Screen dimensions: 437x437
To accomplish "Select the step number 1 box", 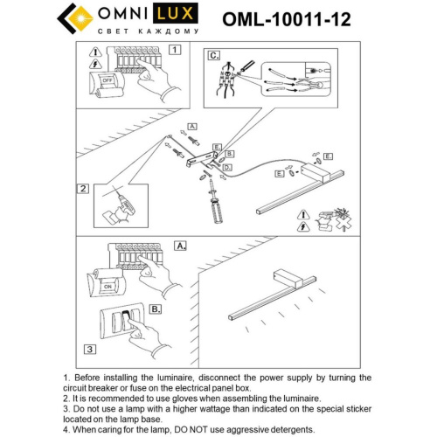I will coord(175,50).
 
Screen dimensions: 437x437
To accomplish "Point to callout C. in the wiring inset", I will coord(214,55).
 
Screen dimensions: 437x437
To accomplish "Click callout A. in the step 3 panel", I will coord(181,246).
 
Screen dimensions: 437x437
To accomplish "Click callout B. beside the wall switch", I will coord(155,309).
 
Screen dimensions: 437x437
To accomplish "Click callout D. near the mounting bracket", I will coord(226,165).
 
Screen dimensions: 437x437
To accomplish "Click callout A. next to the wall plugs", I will coord(193,127).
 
